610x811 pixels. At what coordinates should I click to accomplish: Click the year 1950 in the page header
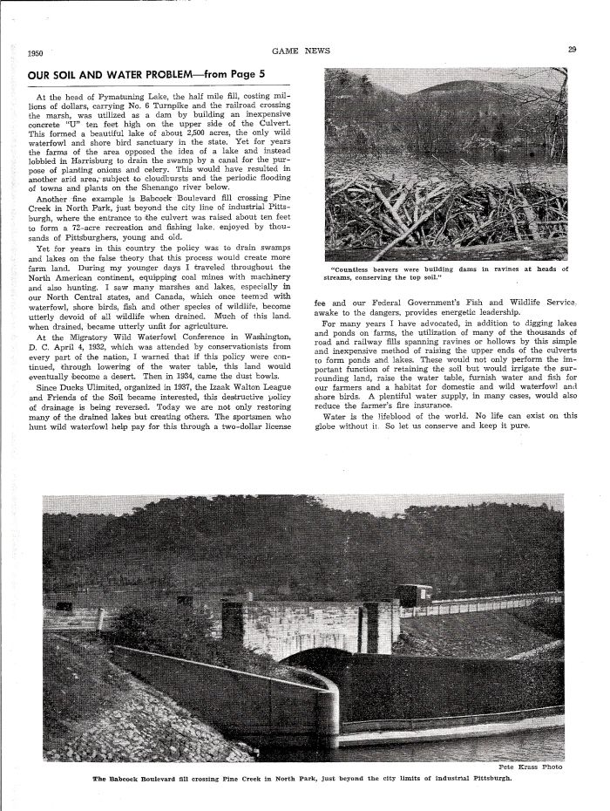(37, 51)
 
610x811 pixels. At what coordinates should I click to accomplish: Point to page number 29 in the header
(572, 50)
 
